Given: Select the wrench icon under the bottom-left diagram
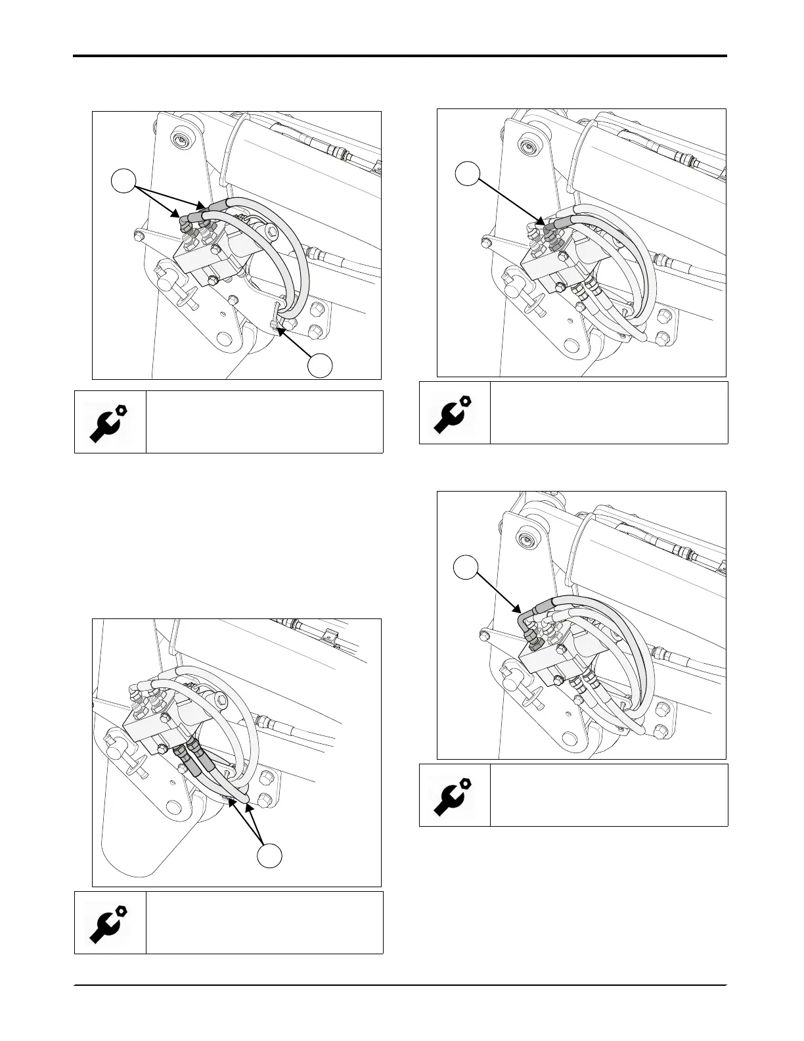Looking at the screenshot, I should click(x=109, y=923).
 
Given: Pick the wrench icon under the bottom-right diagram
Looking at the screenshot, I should click(x=455, y=795).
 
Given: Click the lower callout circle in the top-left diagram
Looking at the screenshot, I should click(x=321, y=365).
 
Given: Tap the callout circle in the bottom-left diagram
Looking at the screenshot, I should click(x=269, y=854).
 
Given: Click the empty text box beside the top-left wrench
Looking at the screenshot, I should click(x=264, y=422).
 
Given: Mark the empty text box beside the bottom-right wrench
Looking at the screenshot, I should click(x=609, y=795).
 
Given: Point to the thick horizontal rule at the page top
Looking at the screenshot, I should click(x=399, y=56).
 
